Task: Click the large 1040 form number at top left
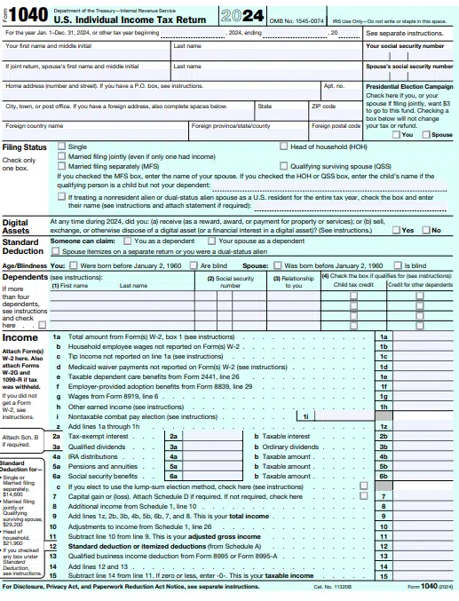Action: (30, 14)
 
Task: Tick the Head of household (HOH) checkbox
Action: (284, 146)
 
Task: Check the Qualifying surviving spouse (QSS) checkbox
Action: (284, 165)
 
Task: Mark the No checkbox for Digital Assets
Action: (424, 230)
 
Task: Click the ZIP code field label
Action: (322, 106)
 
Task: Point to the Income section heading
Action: (20, 337)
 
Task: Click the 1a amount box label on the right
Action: (383, 337)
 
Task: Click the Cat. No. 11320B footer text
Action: (332, 587)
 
